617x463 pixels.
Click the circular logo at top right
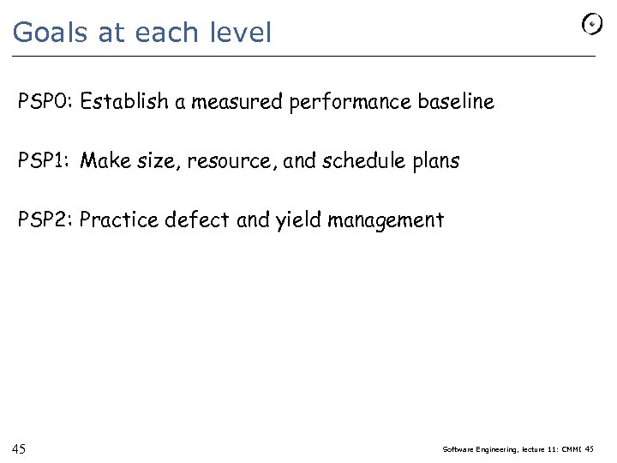pyautogui.click(x=592, y=26)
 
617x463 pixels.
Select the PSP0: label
pyautogui.click(x=46, y=102)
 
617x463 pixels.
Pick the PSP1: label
pyautogui.click(x=46, y=161)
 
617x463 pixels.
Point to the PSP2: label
pyautogui.click(x=46, y=220)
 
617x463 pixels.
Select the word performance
pyautogui.click(x=351, y=102)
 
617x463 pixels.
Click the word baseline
pyautogui.click(x=456, y=102)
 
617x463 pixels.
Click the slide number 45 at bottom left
pyautogui.click(x=19, y=449)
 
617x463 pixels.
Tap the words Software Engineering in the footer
pyautogui.click(x=479, y=449)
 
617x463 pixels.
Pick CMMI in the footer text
pyautogui.click(x=571, y=449)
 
